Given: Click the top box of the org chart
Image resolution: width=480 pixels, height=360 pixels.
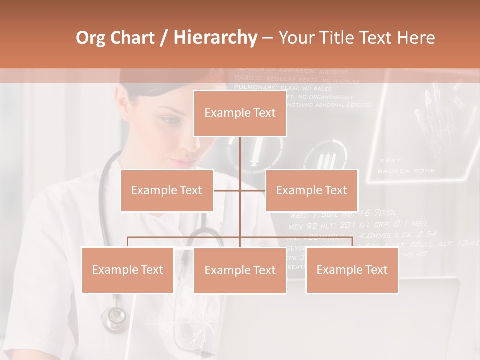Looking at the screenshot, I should pos(240,113).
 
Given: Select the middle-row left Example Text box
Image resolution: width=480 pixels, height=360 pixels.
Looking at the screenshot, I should pos(167,190).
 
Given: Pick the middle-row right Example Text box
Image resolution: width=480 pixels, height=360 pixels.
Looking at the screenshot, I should pos(311,190).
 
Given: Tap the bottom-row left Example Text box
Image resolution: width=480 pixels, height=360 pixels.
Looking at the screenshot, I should pos(128,270).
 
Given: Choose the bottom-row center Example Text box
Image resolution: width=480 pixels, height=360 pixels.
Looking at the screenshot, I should pos(240,271).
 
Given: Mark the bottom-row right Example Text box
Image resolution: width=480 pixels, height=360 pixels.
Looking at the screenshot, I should pos(352,270).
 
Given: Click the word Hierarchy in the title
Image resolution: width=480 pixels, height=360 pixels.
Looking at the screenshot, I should pos(215,37).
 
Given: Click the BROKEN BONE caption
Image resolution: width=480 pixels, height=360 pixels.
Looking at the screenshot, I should pos(406,171).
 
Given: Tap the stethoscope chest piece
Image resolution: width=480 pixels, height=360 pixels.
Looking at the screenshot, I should pos(115,317).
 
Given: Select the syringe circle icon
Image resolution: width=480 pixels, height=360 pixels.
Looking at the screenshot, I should pos(255,153).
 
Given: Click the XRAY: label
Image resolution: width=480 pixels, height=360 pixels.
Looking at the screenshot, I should pos(391,160).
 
